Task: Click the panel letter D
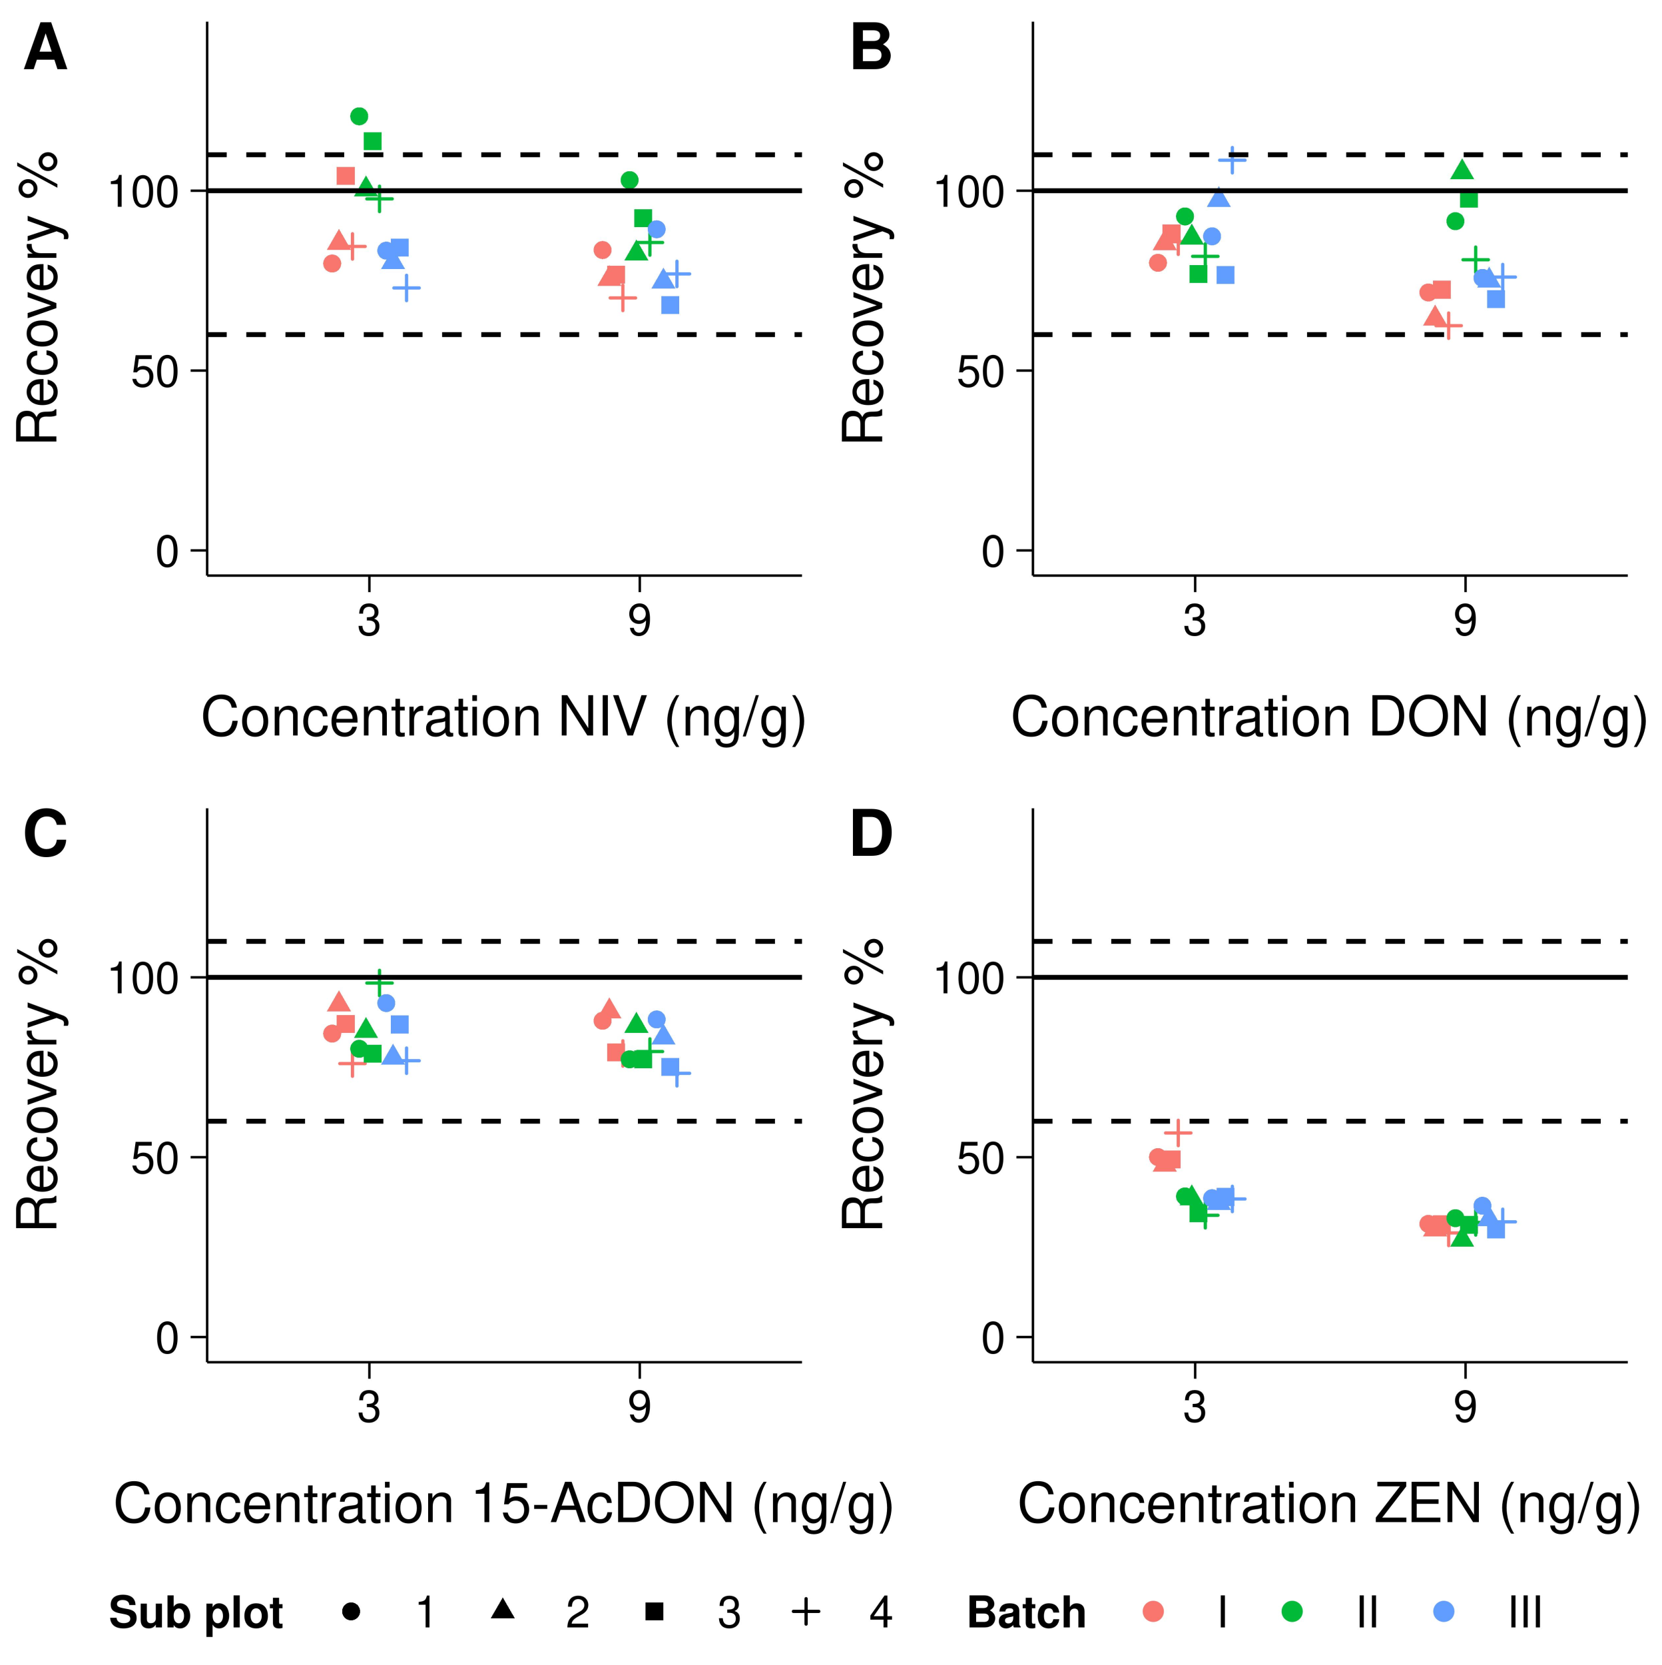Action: [871, 835]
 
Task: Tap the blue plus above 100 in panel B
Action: [1232, 159]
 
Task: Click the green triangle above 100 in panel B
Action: [1462, 170]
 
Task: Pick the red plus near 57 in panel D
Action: [1178, 1132]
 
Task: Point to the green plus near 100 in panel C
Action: [379, 982]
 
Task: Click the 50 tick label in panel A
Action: [156, 372]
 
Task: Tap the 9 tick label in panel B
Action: [1465, 621]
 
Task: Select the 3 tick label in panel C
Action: [369, 1407]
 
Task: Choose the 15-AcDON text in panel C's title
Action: [603, 1504]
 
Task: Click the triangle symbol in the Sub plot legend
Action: [503, 1609]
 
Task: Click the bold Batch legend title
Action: [1026, 1612]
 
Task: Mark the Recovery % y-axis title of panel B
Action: [864, 297]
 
